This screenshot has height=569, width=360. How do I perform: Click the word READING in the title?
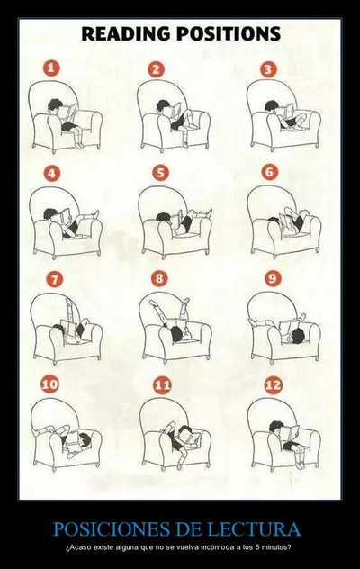coord(126,33)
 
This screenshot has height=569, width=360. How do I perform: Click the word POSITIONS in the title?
coord(229,33)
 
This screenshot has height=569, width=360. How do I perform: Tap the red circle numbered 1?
coord(51,68)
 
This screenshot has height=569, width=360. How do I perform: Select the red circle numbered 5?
coord(160,173)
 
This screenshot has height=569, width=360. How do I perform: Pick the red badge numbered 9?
coord(272,279)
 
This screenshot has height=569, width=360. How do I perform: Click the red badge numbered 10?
coord(50,384)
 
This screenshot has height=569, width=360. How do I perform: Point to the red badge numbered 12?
coord(273,384)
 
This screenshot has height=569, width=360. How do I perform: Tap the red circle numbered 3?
coord(268,69)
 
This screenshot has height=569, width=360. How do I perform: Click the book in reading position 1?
coord(68,112)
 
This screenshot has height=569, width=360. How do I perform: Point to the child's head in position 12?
coord(276,428)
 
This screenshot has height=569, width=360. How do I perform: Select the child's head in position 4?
coord(49,213)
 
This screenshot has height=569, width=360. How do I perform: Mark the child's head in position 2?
coord(163,106)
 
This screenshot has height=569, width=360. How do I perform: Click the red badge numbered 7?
coord(55,279)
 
